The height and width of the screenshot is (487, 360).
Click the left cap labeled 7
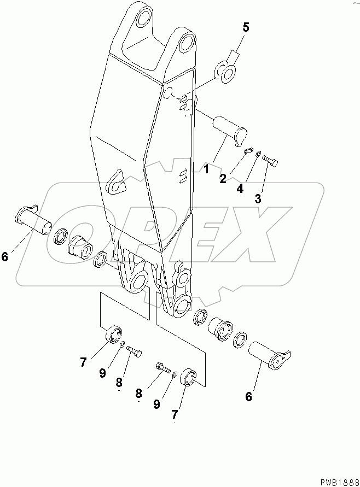click(x=113, y=334)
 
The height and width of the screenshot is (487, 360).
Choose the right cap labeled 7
click(x=189, y=377)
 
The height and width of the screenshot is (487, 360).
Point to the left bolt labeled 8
click(x=135, y=350)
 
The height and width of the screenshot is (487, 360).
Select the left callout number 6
click(x=5, y=255)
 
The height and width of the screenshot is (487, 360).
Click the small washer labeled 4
click(x=258, y=155)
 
